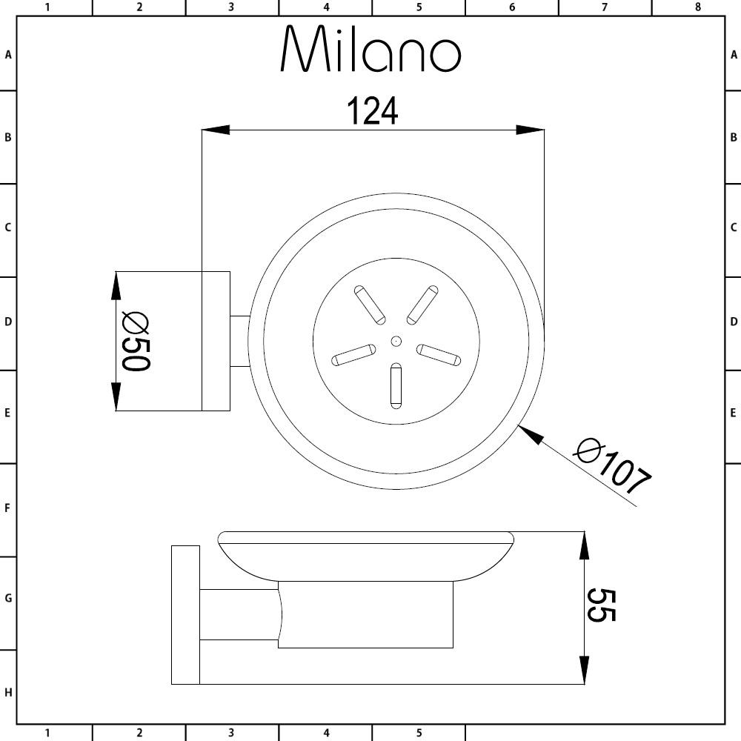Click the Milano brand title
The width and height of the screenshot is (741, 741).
371,49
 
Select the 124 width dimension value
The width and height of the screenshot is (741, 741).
373,111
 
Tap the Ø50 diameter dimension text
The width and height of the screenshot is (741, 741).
136,341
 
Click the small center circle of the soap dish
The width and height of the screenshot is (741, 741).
396,341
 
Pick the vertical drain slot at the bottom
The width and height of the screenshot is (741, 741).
396,385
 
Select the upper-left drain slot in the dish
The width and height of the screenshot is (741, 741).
370,305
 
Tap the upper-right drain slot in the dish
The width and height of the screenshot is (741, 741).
422,305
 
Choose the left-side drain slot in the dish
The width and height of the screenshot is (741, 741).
353,355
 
